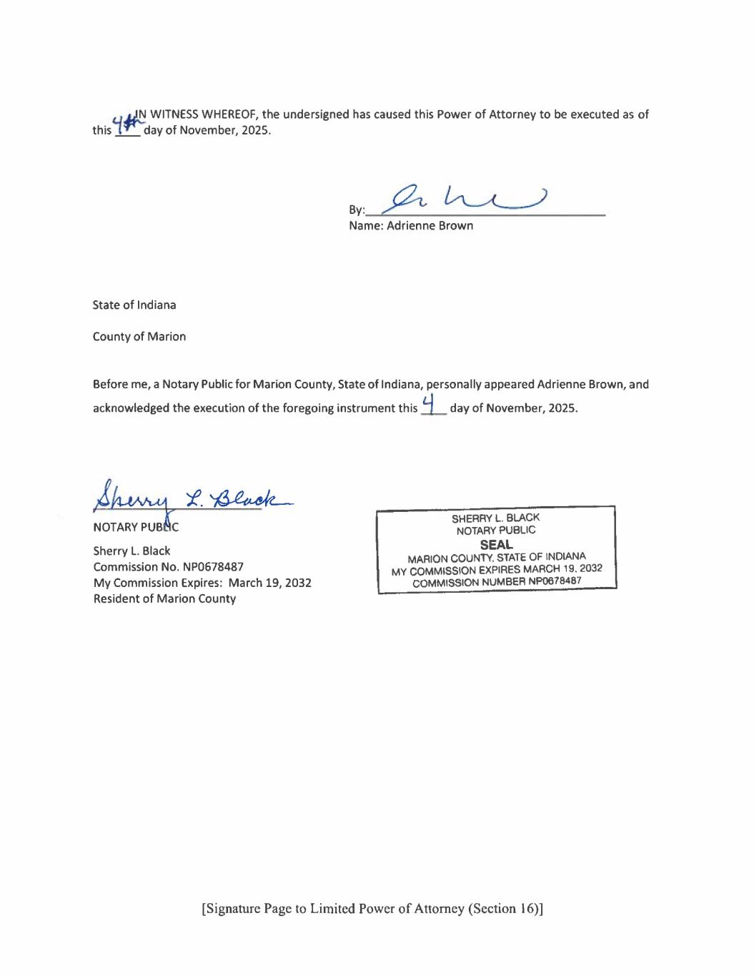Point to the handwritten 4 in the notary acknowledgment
pyautogui.click(x=429, y=405)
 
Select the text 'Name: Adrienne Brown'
pyautogui.click(x=411, y=226)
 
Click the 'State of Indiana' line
pyautogui.click(x=134, y=305)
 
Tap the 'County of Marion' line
pyautogui.click(x=139, y=337)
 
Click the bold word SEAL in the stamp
pyautogui.click(x=496, y=544)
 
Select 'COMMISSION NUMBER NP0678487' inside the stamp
pyautogui.click(x=497, y=582)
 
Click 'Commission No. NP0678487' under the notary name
pyautogui.click(x=169, y=567)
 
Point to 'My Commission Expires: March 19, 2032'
pyautogui.click(x=202, y=583)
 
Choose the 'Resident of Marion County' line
pyautogui.click(x=164, y=599)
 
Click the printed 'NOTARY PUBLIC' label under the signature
pyautogui.click(x=136, y=528)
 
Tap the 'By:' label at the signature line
pyautogui.click(x=356, y=210)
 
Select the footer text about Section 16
pyautogui.click(x=372, y=909)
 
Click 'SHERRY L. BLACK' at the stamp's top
pyautogui.click(x=495, y=518)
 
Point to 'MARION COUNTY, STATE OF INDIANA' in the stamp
pyautogui.click(x=497, y=557)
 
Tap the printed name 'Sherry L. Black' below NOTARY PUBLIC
pyautogui.click(x=132, y=551)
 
